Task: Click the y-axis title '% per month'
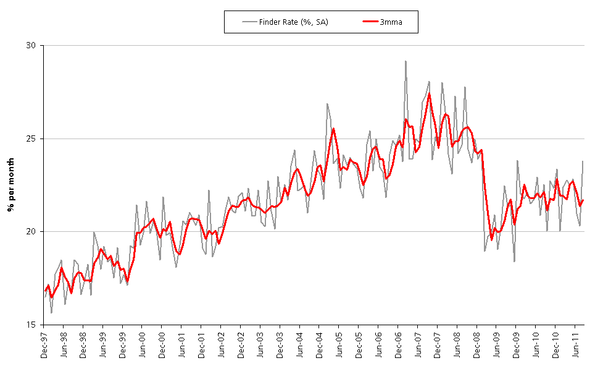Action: (11, 185)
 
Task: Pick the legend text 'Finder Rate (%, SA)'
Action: (294, 22)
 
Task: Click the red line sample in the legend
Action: (370, 22)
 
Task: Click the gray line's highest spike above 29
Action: (405, 61)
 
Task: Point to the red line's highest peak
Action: (429, 93)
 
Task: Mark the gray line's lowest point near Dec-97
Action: (51, 312)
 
